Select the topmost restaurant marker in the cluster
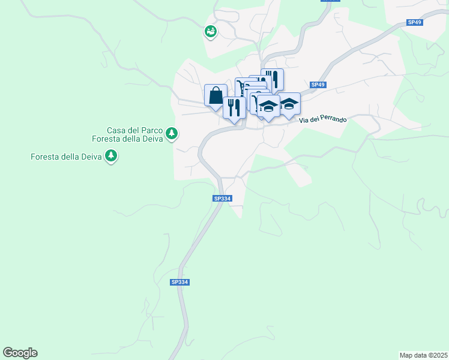pyautogui.click(x=273, y=79)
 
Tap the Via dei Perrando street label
pyautogui.click(x=323, y=119)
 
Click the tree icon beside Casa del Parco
pyautogui.click(x=172, y=133)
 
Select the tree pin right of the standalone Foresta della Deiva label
pyautogui.click(x=110, y=157)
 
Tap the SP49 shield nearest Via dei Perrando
pyautogui.click(x=318, y=85)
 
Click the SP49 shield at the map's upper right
pyautogui.click(x=414, y=22)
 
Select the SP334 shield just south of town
pyautogui.click(x=221, y=199)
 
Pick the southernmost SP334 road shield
pyautogui.click(x=179, y=282)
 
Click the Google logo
pyautogui.click(x=20, y=353)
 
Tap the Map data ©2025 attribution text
pyautogui.click(x=423, y=355)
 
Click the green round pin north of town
pyautogui.click(x=210, y=31)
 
